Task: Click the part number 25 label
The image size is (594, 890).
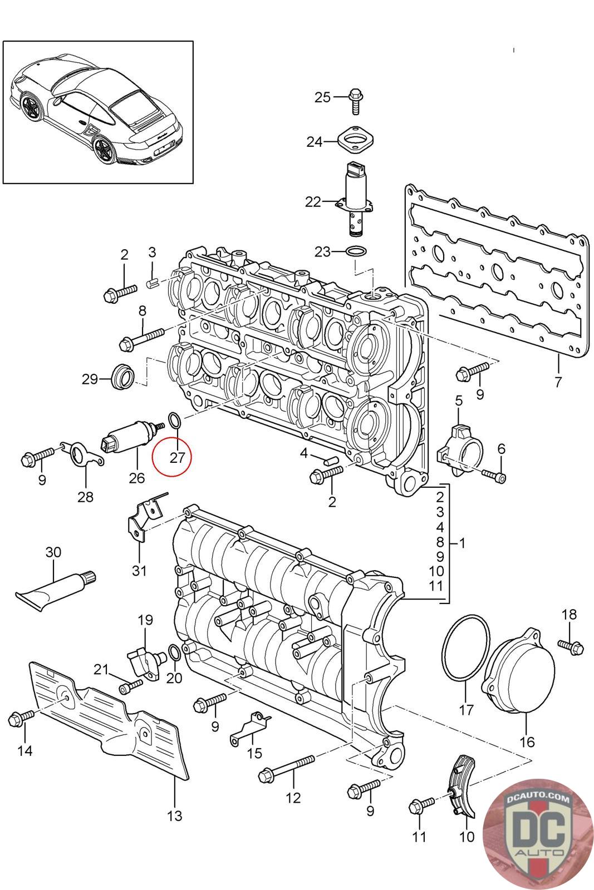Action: [x=322, y=97]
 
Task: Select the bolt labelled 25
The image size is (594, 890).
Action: [x=355, y=102]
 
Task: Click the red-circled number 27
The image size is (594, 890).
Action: [x=177, y=458]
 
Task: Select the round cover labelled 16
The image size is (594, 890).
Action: [x=518, y=671]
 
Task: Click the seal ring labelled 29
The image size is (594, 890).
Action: [x=124, y=376]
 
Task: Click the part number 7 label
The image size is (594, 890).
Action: [x=558, y=382]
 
